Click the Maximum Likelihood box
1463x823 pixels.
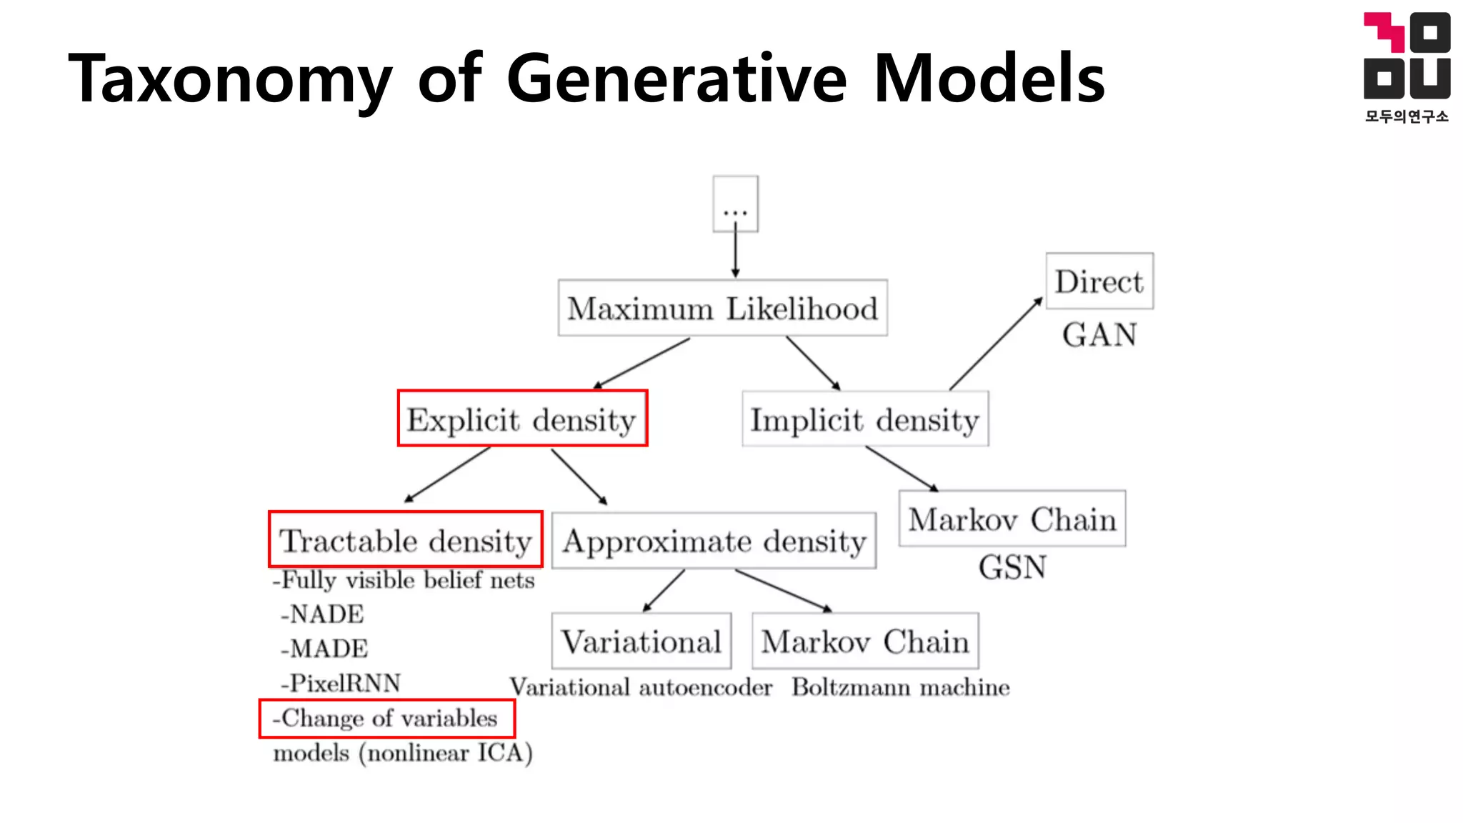[722, 308]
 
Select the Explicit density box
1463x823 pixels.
[522, 419]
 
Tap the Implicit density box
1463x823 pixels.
[865, 419]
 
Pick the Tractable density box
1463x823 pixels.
[405, 540]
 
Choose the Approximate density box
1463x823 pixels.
[714, 541]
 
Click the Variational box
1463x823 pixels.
[641, 641]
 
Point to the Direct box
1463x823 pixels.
[1099, 281]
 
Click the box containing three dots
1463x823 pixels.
[735, 204]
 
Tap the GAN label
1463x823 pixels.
[1099, 334]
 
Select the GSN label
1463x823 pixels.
[1012, 567]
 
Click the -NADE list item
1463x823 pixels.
[322, 614]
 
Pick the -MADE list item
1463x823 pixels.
[324, 648]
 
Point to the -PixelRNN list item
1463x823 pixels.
[341, 683]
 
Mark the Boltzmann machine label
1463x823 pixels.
[900, 687]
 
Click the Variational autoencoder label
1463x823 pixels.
[641, 687]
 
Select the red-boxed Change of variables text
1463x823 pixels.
[386, 718]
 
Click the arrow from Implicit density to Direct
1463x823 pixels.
[995, 344]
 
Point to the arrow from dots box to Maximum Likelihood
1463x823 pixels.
[735, 254]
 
